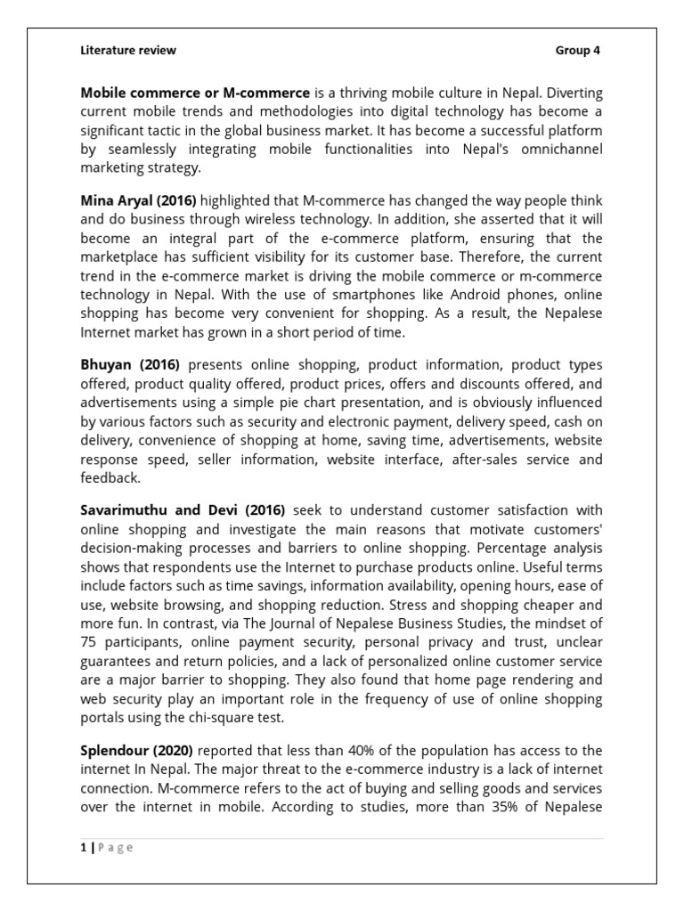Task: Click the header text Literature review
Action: pos(128,51)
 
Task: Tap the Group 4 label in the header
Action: pos(578,51)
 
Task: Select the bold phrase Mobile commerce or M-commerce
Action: pos(195,93)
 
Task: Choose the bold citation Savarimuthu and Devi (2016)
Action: pos(183,510)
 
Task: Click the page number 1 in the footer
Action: pos(84,848)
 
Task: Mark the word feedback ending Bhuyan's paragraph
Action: pos(110,477)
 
